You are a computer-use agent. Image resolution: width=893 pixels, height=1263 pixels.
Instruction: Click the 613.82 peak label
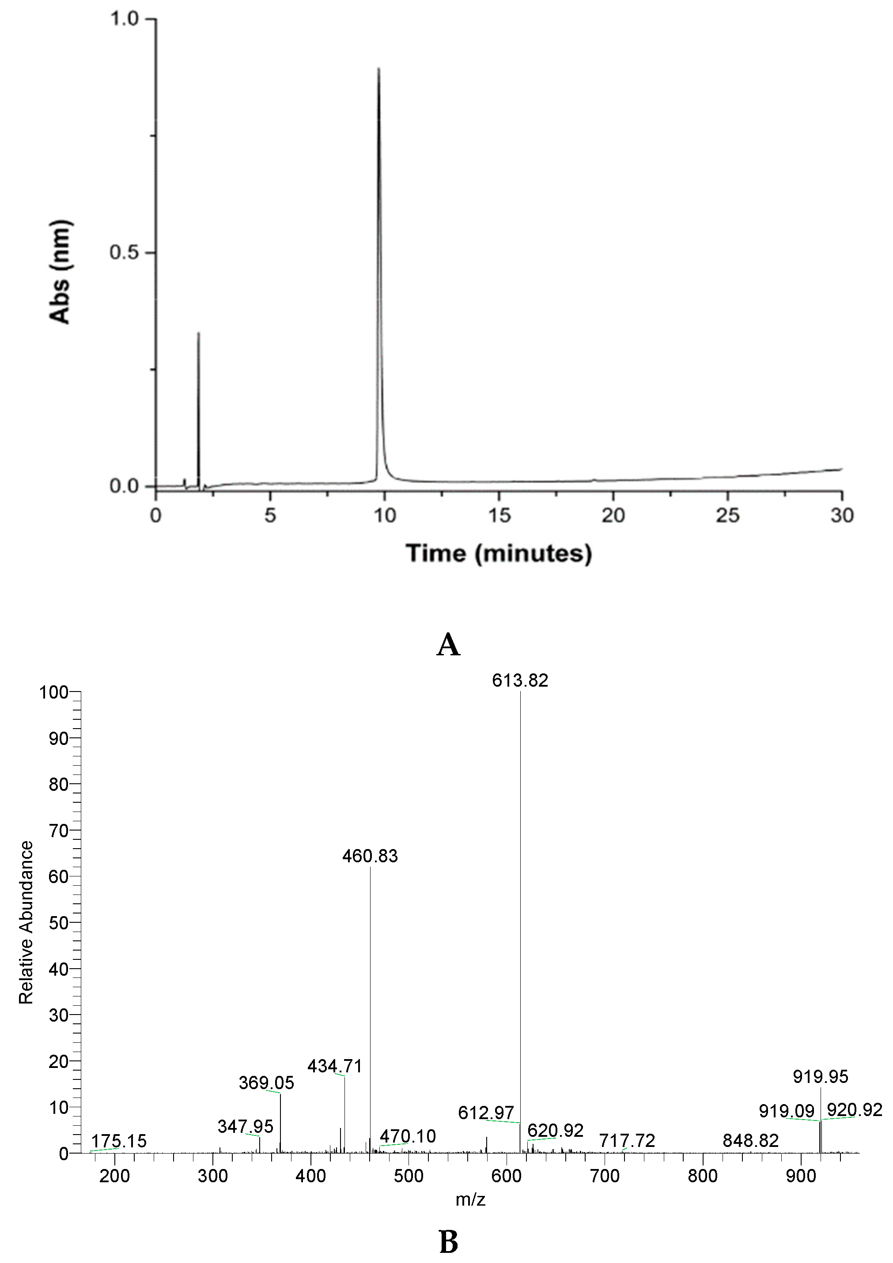(x=520, y=681)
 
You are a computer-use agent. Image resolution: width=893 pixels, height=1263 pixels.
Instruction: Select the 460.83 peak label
(x=370, y=857)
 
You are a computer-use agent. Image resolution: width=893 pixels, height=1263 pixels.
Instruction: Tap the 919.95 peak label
(x=820, y=1076)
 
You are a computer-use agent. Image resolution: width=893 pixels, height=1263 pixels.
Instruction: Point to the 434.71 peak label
(x=335, y=1067)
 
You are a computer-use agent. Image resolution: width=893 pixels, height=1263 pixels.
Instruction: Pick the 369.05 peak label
(x=266, y=1083)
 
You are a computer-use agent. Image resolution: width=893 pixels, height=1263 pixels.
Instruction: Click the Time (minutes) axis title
(x=499, y=553)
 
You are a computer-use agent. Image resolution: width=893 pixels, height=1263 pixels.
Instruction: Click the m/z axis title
(x=471, y=1200)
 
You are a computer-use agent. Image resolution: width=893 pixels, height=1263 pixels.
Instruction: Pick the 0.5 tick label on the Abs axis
(x=125, y=253)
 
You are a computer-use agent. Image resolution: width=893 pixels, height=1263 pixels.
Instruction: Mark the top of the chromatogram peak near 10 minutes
(x=378, y=68)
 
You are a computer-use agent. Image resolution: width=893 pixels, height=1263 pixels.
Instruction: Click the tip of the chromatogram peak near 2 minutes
(x=198, y=333)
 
